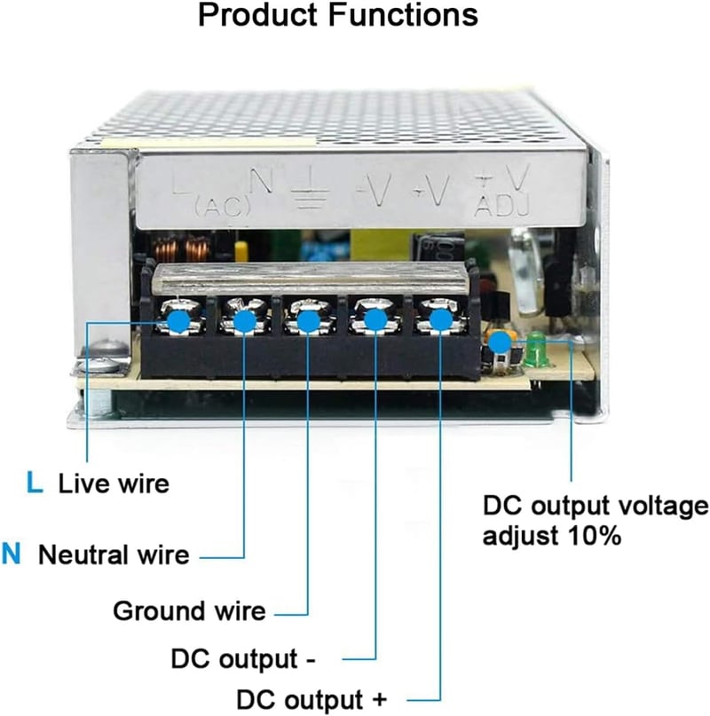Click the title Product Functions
(x=338, y=15)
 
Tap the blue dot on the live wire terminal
(x=178, y=321)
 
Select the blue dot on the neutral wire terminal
(x=244, y=321)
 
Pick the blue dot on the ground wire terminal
(x=308, y=320)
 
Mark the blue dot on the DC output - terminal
(x=375, y=320)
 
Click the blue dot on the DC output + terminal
(x=440, y=320)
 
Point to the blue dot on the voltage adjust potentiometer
(x=500, y=342)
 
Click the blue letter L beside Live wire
(x=35, y=483)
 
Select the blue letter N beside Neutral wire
(x=11, y=554)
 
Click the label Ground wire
(x=189, y=611)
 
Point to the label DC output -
(x=243, y=659)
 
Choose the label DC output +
(x=312, y=699)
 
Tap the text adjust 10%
(x=552, y=536)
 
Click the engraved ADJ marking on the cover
(x=502, y=206)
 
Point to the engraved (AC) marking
(x=223, y=208)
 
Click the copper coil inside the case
(x=184, y=249)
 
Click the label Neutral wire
(x=114, y=555)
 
